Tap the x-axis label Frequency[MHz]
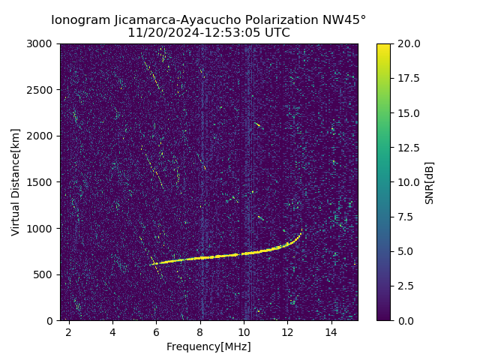pos(208,346)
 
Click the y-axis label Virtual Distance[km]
pos(16,181)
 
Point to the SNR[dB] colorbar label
pos(430,182)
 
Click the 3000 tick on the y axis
pos(42,44)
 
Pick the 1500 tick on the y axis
pos(42,182)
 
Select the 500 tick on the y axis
pos(45,274)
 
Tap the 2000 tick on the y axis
pos(42,136)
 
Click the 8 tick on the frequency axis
pos(200,331)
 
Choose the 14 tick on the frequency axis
pos(331,331)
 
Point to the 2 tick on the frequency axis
pos(69,331)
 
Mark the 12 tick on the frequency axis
pos(287,331)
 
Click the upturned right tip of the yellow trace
pos(301,230)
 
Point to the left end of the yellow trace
pos(151,264)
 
